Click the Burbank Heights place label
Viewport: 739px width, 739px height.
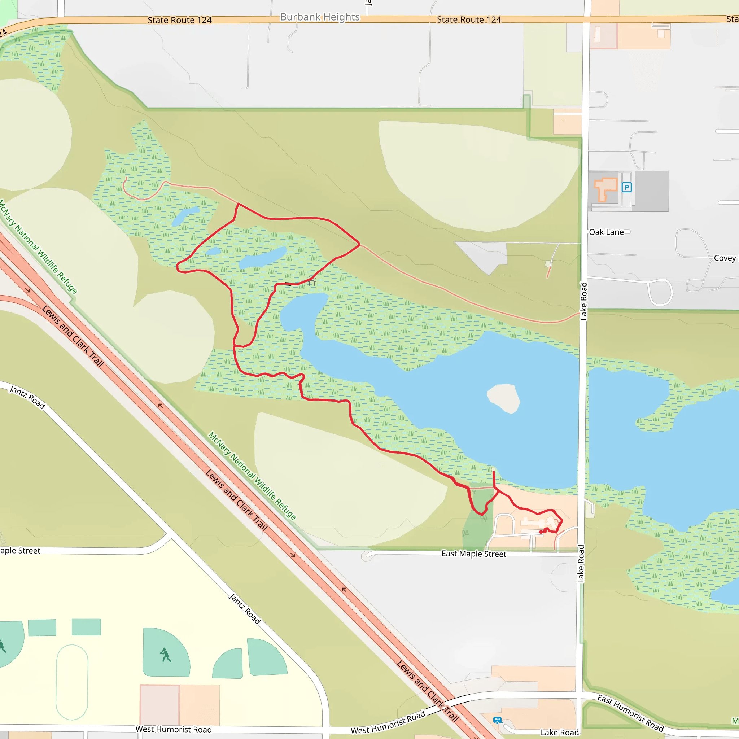click(x=320, y=17)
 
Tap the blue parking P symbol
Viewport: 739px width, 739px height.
click(x=626, y=187)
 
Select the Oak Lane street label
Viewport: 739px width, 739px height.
click(x=606, y=232)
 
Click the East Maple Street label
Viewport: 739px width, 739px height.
click(x=473, y=554)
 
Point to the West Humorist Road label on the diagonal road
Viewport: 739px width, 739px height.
click(x=388, y=722)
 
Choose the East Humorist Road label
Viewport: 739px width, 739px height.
click(x=630, y=713)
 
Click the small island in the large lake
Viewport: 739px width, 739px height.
click(x=504, y=398)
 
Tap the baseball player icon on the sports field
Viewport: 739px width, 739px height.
click(x=165, y=655)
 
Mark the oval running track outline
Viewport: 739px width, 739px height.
click(x=72, y=682)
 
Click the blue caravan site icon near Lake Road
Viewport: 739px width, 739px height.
click(x=497, y=721)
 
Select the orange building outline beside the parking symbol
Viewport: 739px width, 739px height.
click(x=605, y=189)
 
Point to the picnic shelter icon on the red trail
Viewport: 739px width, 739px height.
click(x=312, y=281)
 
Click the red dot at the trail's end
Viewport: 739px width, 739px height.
click(x=541, y=532)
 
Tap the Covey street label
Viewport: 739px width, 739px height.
click(x=725, y=258)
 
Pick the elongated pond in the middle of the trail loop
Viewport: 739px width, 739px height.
click(x=263, y=257)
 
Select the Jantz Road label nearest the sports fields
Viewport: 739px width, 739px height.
click(x=244, y=608)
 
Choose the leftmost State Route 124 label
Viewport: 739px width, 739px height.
click(x=179, y=20)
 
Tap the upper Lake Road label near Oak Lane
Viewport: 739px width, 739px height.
click(x=583, y=301)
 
